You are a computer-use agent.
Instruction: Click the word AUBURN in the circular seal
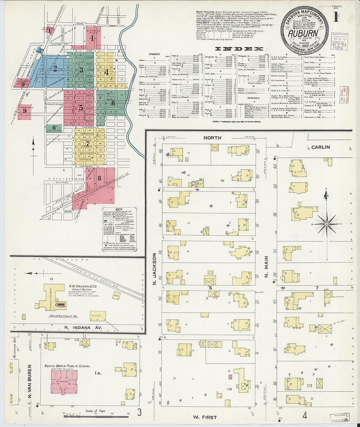pyautogui.click(x=303, y=33)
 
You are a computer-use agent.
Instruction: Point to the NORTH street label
pyautogui.click(x=212, y=138)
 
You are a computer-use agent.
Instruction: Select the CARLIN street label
pyautogui.click(x=320, y=147)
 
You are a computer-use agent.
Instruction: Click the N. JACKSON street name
pyautogui.click(x=155, y=269)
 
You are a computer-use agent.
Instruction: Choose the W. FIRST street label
pyautogui.click(x=205, y=417)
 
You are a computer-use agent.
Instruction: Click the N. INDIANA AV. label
pyautogui.click(x=83, y=328)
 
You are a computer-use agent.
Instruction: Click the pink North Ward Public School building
pyautogui.click(x=64, y=382)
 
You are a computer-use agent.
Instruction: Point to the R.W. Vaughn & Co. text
pyautogui.click(x=82, y=286)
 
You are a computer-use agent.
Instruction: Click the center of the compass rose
pyautogui.click(x=326, y=224)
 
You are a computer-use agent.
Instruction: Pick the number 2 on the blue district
pyautogui.click(x=55, y=69)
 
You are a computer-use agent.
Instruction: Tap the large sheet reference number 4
pyautogui.click(x=304, y=416)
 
